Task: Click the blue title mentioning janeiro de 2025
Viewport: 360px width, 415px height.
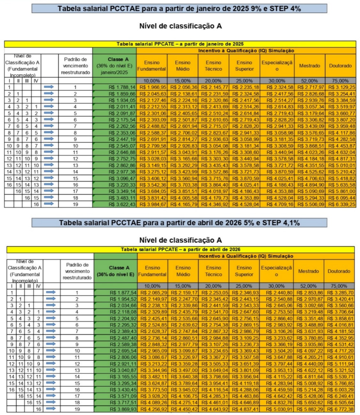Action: coord(179,9)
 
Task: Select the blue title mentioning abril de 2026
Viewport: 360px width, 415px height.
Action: coord(179,223)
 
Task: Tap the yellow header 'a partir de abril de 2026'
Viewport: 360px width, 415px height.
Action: coord(180,249)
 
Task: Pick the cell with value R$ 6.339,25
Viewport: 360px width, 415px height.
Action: coord(341,204)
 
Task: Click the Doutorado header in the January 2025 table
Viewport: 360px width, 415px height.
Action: coord(340,66)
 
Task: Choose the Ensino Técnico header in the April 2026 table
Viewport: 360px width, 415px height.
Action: coord(213,271)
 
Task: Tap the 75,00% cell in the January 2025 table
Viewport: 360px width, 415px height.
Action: coord(340,81)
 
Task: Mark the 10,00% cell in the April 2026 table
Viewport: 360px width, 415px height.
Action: coord(152,286)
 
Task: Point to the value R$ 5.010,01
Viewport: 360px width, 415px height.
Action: coord(341,165)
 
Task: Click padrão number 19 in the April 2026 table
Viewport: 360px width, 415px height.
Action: coord(77,409)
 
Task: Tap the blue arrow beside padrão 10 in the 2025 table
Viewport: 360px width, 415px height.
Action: coord(49,146)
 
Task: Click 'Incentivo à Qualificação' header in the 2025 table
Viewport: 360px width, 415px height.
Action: coord(246,50)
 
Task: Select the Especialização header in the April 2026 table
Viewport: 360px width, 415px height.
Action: coord(276,271)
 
